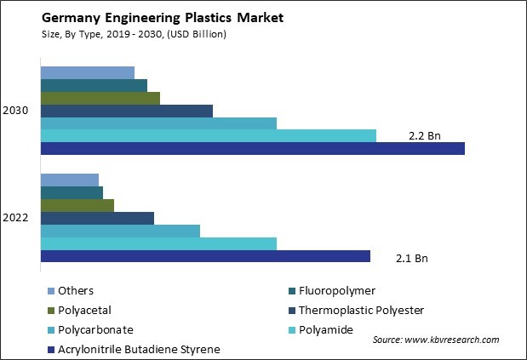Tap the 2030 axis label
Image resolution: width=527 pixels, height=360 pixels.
(15, 111)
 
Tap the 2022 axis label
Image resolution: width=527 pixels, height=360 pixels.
(15, 218)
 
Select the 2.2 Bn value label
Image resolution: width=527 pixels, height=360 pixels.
(425, 136)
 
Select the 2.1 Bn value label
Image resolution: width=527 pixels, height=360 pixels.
(412, 257)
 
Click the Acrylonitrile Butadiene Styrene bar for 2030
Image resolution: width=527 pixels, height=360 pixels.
(252, 148)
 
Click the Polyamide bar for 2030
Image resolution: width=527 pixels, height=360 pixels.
(208, 135)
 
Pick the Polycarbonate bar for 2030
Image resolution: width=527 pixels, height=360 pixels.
(158, 123)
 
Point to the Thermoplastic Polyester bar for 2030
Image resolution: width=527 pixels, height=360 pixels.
(126, 111)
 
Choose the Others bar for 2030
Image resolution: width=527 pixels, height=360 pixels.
(87, 72)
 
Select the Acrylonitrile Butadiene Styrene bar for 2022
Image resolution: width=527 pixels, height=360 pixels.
(205, 256)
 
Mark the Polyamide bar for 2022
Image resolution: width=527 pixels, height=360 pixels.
(158, 243)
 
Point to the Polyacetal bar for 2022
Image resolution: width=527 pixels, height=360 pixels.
(77, 205)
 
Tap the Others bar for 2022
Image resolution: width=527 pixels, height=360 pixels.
(69, 180)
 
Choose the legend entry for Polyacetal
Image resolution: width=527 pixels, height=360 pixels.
(84, 311)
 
